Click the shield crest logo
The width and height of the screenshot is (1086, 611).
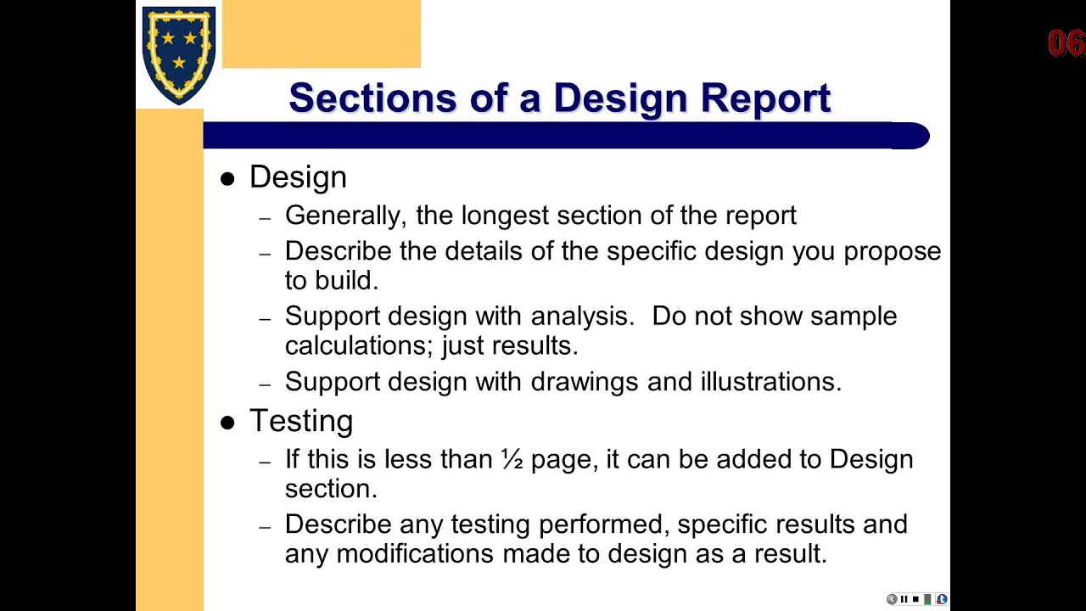click(x=178, y=53)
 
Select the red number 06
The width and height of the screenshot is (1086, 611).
click(x=1066, y=44)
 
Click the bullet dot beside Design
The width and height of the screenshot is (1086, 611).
click(x=227, y=179)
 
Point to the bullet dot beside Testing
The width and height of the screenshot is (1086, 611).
click(x=227, y=423)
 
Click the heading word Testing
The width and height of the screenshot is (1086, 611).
click(x=301, y=421)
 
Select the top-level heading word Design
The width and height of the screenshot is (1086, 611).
click(x=298, y=177)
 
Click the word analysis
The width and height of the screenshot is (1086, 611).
click(x=582, y=316)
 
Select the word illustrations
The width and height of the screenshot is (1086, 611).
click(x=771, y=382)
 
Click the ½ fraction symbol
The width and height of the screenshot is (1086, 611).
click(x=512, y=459)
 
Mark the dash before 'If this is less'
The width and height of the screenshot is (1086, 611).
click(x=265, y=462)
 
